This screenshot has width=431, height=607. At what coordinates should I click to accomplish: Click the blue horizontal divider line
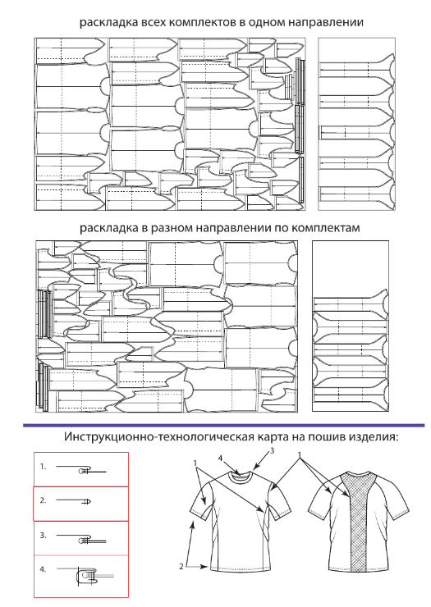[x=223, y=426]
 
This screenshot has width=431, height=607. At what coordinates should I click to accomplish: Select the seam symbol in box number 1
[x=81, y=470]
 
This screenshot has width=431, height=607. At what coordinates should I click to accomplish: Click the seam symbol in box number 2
[x=74, y=501]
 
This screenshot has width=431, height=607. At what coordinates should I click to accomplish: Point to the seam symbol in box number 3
[x=81, y=539]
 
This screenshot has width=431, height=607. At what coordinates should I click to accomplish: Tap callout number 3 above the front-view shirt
[x=273, y=450]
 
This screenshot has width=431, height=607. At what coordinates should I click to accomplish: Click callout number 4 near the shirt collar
[x=220, y=459]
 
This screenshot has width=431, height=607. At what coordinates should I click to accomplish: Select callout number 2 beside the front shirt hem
[x=181, y=566]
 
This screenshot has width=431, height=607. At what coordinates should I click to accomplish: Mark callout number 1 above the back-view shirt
[x=299, y=454]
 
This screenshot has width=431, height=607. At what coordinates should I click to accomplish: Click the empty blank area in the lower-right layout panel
[x=351, y=267]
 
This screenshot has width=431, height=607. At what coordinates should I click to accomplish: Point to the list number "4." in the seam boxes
[x=43, y=569]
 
